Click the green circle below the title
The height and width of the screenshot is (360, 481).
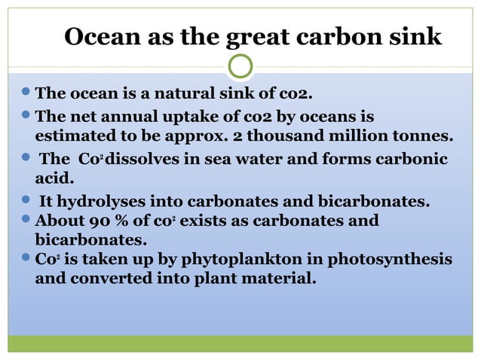coord(240,66)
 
